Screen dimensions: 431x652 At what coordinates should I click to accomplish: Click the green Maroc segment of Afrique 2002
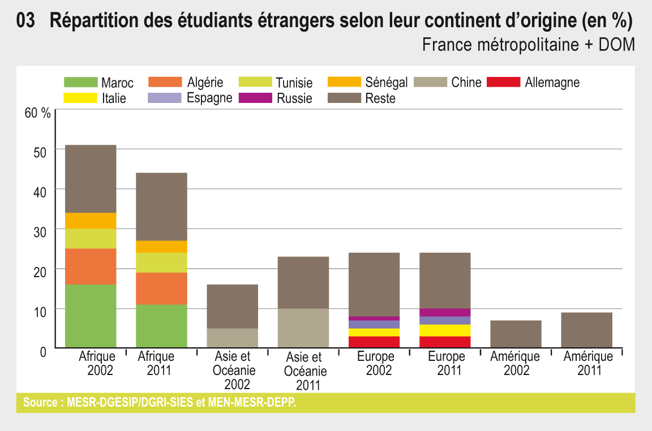91,316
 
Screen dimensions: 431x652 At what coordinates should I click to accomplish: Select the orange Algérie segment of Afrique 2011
161,288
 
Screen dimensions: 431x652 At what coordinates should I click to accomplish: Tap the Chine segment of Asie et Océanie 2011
303,327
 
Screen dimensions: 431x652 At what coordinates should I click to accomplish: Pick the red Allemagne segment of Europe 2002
374,342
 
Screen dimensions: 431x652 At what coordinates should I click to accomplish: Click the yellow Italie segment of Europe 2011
445,330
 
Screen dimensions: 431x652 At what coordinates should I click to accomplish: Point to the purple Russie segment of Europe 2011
445,312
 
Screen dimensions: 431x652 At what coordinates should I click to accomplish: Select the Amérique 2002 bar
516,334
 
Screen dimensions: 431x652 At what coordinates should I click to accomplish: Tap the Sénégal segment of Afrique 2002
91,221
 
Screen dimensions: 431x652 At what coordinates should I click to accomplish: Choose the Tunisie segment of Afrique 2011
161,262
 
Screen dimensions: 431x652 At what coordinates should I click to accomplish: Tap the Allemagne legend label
552,83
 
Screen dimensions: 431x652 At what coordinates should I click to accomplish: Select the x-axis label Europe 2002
375,364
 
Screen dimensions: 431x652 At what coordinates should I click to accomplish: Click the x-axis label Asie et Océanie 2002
233,370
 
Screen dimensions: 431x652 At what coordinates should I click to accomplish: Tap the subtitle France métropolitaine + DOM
528,44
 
